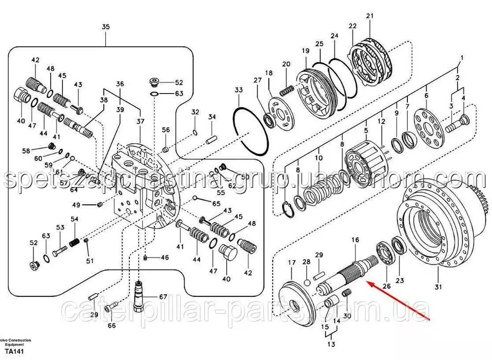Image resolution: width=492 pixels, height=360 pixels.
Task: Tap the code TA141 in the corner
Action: coord(14,351)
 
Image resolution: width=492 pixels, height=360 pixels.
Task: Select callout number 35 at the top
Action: coord(106,28)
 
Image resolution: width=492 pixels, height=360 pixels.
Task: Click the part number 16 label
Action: coord(355,240)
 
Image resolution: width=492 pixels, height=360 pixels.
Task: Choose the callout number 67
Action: coord(163,296)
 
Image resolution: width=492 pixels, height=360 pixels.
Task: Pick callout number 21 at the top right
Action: coord(369,16)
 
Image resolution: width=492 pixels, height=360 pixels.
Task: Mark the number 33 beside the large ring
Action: coord(239,90)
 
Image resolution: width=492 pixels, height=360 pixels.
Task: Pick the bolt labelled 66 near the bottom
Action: coord(109,307)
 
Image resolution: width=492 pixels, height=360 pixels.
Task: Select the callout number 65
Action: coord(216,203)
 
